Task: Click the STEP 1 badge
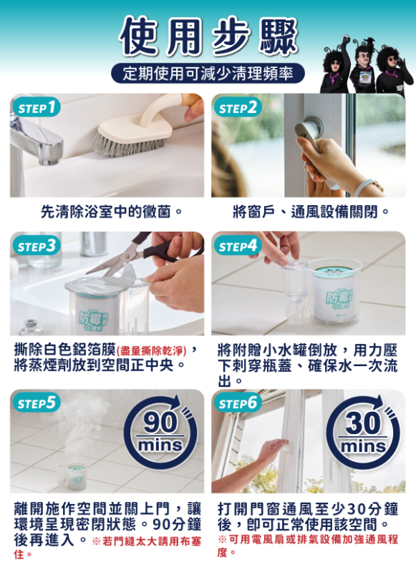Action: pyautogui.click(x=37, y=108)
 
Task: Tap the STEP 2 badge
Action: pyautogui.click(x=238, y=108)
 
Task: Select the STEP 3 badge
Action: pyautogui.click(x=37, y=245)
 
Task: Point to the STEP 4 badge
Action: pyautogui.click(x=238, y=245)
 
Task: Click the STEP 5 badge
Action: pyautogui.click(x=37, y=403)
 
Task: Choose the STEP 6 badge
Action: pyautogui.click(x=238, y=403)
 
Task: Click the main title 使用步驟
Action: pyautogui.click(x=208, y=36)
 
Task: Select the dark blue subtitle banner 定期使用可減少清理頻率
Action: pyautogui.click(x=208, y=74)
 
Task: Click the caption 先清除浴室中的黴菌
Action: pyautogui.click(x=112, y=212)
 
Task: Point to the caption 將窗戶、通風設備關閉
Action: pyautogui.click(x=311, y=212)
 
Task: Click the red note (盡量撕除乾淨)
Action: pyautogui.click(x=152, y=351)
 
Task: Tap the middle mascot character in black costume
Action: pyautogui.click(x=364, y=69)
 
